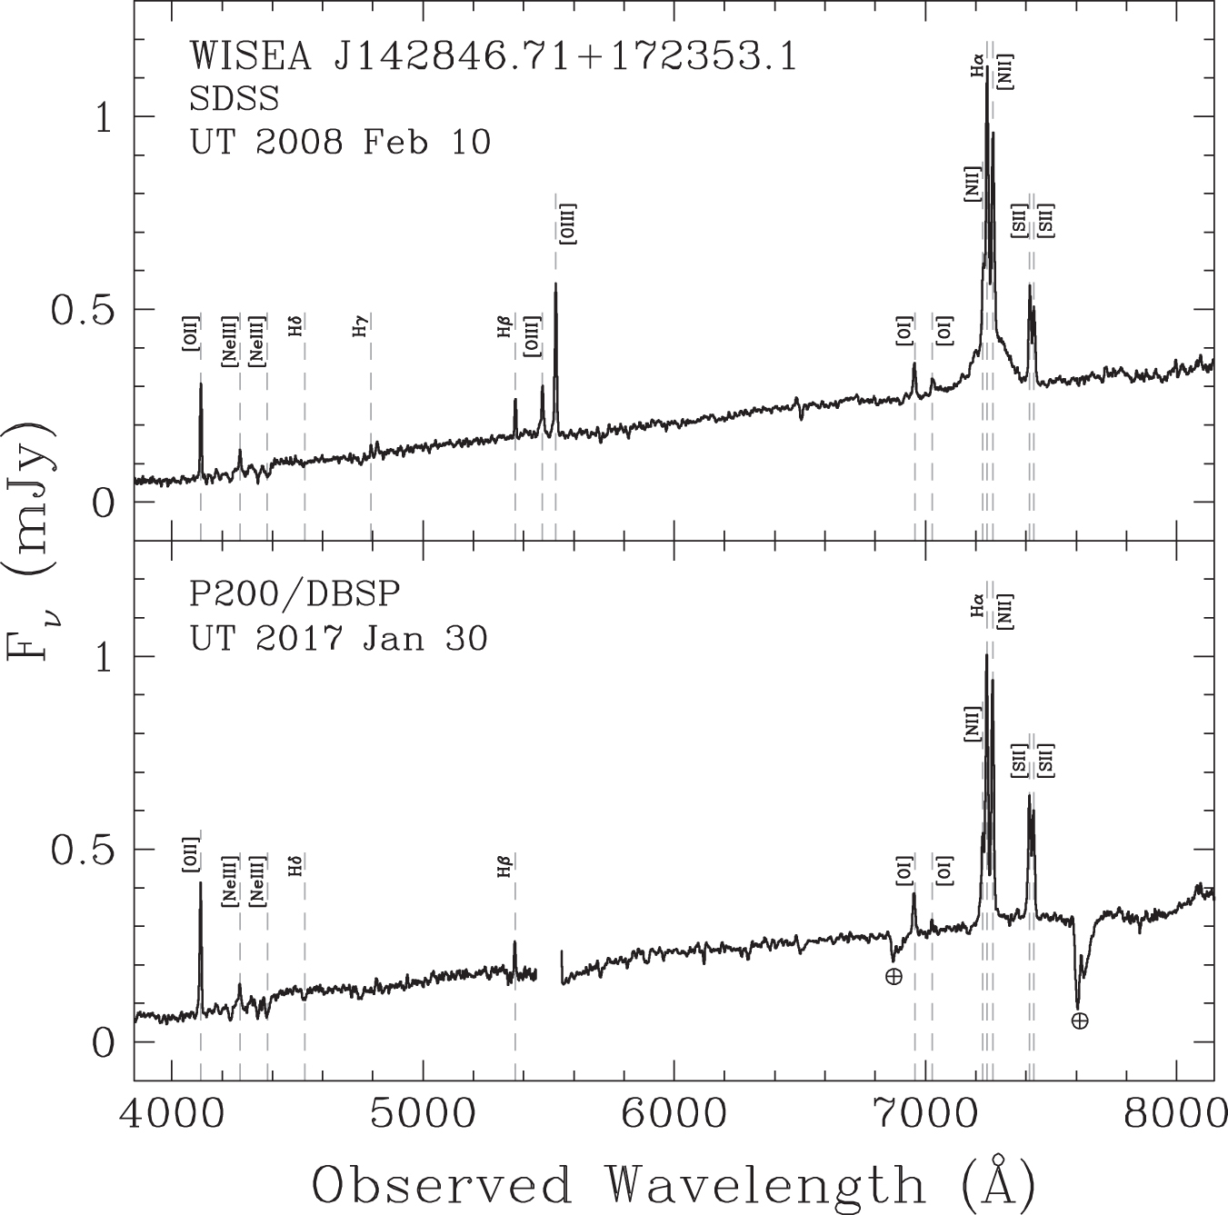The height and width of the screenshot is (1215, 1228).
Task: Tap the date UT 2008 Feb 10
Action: (x=340, y=142)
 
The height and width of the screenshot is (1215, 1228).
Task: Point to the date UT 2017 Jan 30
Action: (x=338, y=638)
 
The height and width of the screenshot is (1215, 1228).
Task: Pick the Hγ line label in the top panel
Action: (x=361, y=327)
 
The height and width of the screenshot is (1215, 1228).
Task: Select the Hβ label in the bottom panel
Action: (x=504, y=866)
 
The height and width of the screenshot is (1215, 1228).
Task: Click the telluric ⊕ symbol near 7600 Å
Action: (x=1079, y=1021)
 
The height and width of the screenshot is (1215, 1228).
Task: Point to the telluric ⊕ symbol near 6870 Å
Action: (x=894, y=977)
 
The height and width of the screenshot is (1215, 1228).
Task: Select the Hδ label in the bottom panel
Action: (x=295, y=866)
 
